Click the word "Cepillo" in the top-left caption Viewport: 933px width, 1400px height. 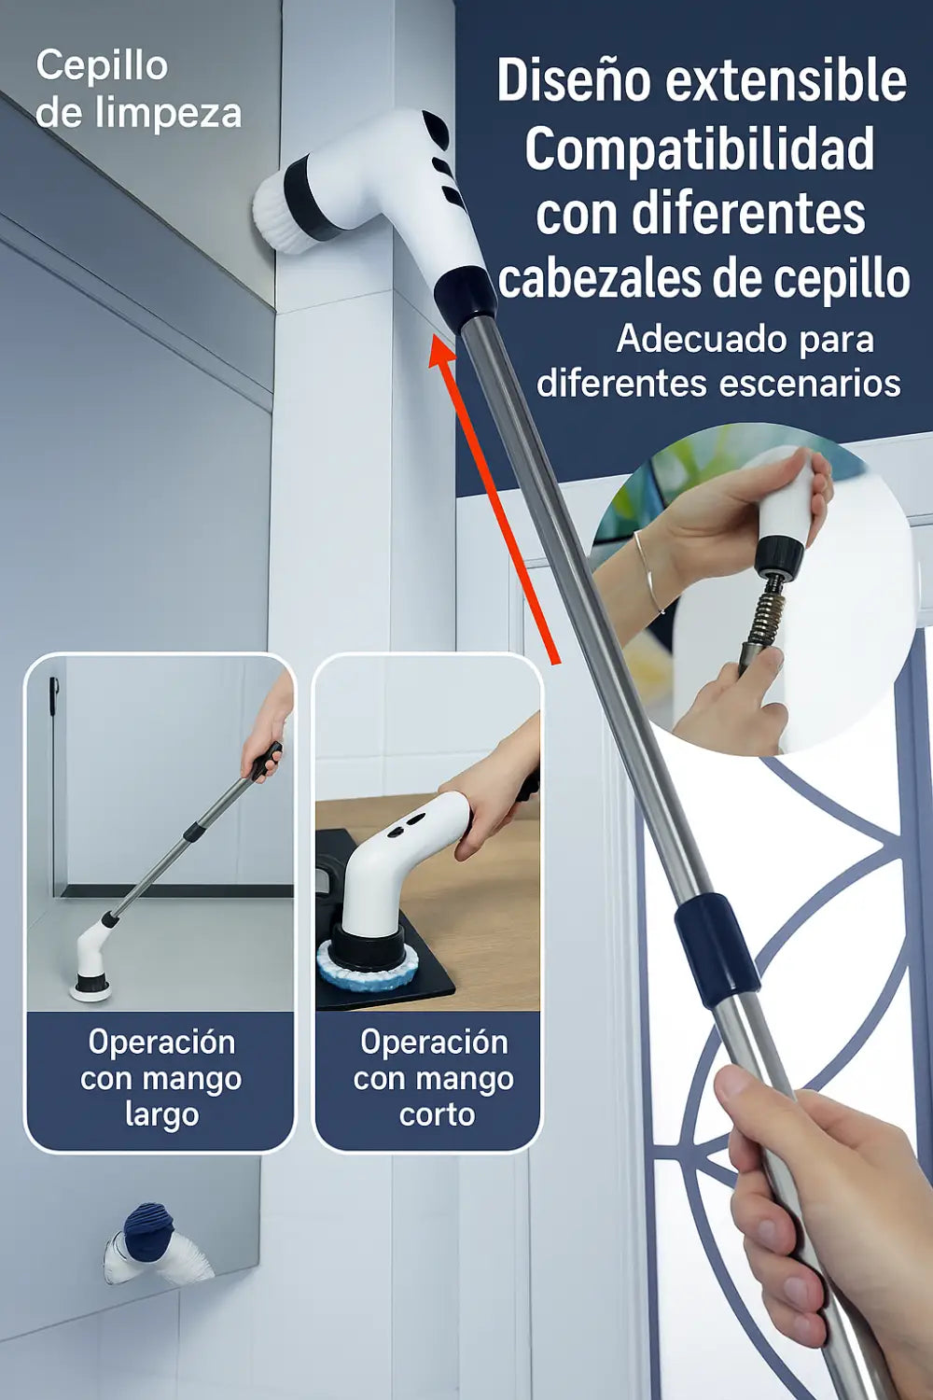click(x=102, y=66)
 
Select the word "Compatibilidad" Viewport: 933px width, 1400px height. click(x=700, y=149)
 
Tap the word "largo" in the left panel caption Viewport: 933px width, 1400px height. click(x=161, y=1114)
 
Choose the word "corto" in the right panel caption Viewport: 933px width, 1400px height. click(x=437, y=1114)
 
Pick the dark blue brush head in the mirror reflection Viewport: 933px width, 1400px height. click(x=149, y=1226)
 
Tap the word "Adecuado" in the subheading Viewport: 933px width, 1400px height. click(x=687, y=339)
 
